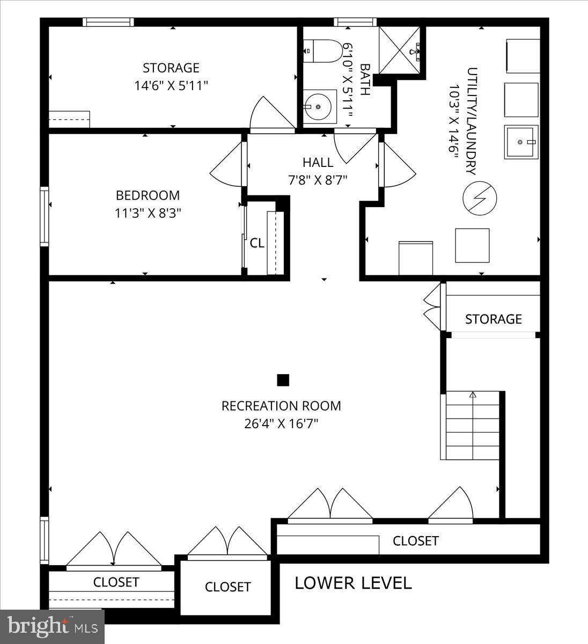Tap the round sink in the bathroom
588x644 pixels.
[319, 107]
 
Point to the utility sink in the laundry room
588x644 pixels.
[520, 142]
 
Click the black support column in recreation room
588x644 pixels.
[283, 380]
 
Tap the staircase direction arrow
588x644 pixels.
[473, 396]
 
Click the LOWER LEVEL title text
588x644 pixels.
[353, 583]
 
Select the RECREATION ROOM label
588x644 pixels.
[281, 406]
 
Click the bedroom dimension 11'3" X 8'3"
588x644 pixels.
[148, 213]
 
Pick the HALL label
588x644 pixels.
[318, 162]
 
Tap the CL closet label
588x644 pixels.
[257, 243]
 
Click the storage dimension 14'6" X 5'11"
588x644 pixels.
[171, 85]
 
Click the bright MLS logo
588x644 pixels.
[52, 626]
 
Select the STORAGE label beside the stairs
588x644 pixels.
[493, 319]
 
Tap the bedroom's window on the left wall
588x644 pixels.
[45, 216]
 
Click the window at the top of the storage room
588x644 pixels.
[108, 22]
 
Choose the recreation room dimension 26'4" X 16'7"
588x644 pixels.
[281, 424]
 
